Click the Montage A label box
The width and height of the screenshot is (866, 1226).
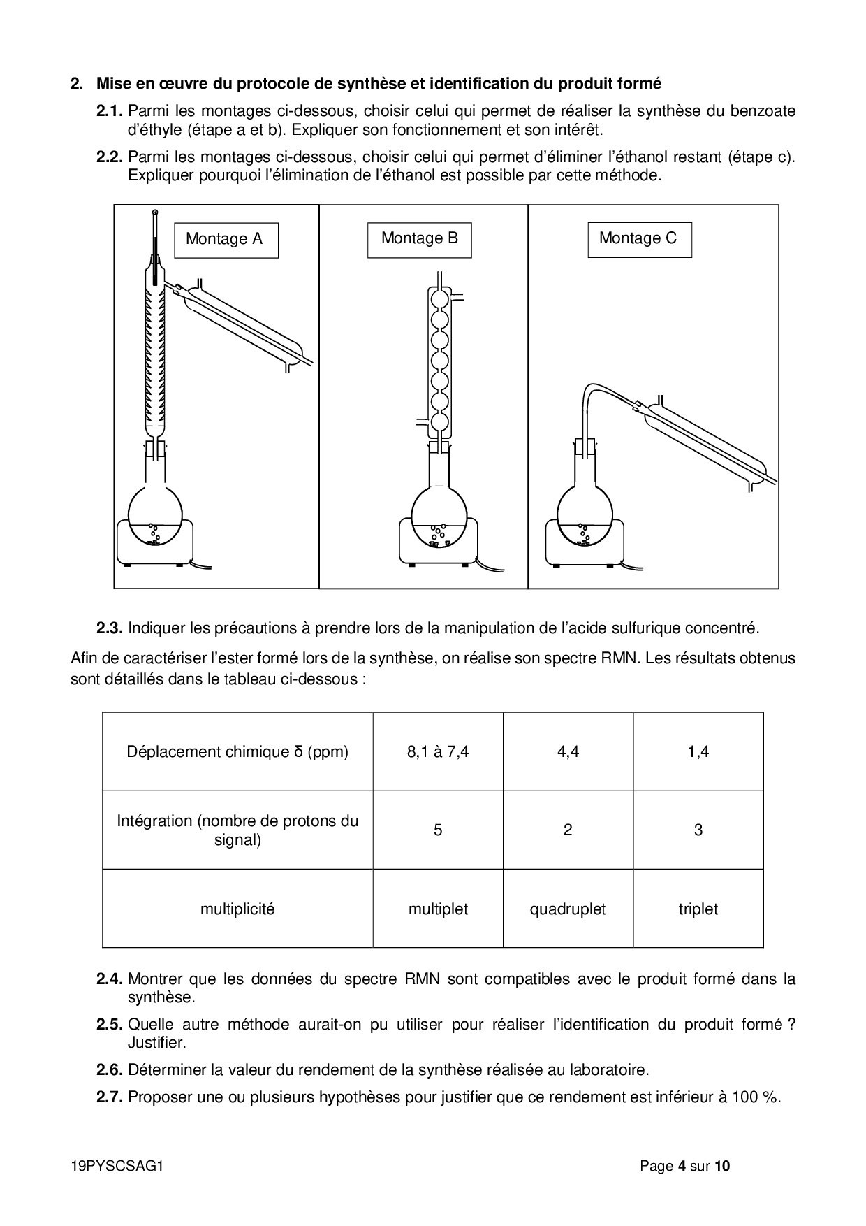tap(226, 240)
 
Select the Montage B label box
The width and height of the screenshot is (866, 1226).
tap(419, 239)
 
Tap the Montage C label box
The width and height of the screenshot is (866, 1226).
tap(639, 239)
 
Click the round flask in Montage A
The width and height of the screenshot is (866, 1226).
tap(155, 514)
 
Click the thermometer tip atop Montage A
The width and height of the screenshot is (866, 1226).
tap(155, 212)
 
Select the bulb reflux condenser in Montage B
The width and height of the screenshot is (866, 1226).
tap(439, 360)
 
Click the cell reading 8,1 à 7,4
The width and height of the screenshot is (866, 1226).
tap(438, 752)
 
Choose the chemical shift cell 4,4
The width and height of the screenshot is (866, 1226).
tap(568, 752)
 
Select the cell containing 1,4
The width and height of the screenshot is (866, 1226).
tap(698, 752)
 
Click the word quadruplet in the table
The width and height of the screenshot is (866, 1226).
tap(568, 909)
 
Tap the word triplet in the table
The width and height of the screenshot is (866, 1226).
tap(698, 909)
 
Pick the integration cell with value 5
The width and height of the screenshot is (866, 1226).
tap(438, 830)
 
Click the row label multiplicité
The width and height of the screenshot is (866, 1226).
tap(237, 909)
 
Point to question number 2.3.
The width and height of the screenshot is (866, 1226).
tap(110, 628)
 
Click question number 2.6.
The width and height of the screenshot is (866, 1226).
tap(110, 1070)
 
